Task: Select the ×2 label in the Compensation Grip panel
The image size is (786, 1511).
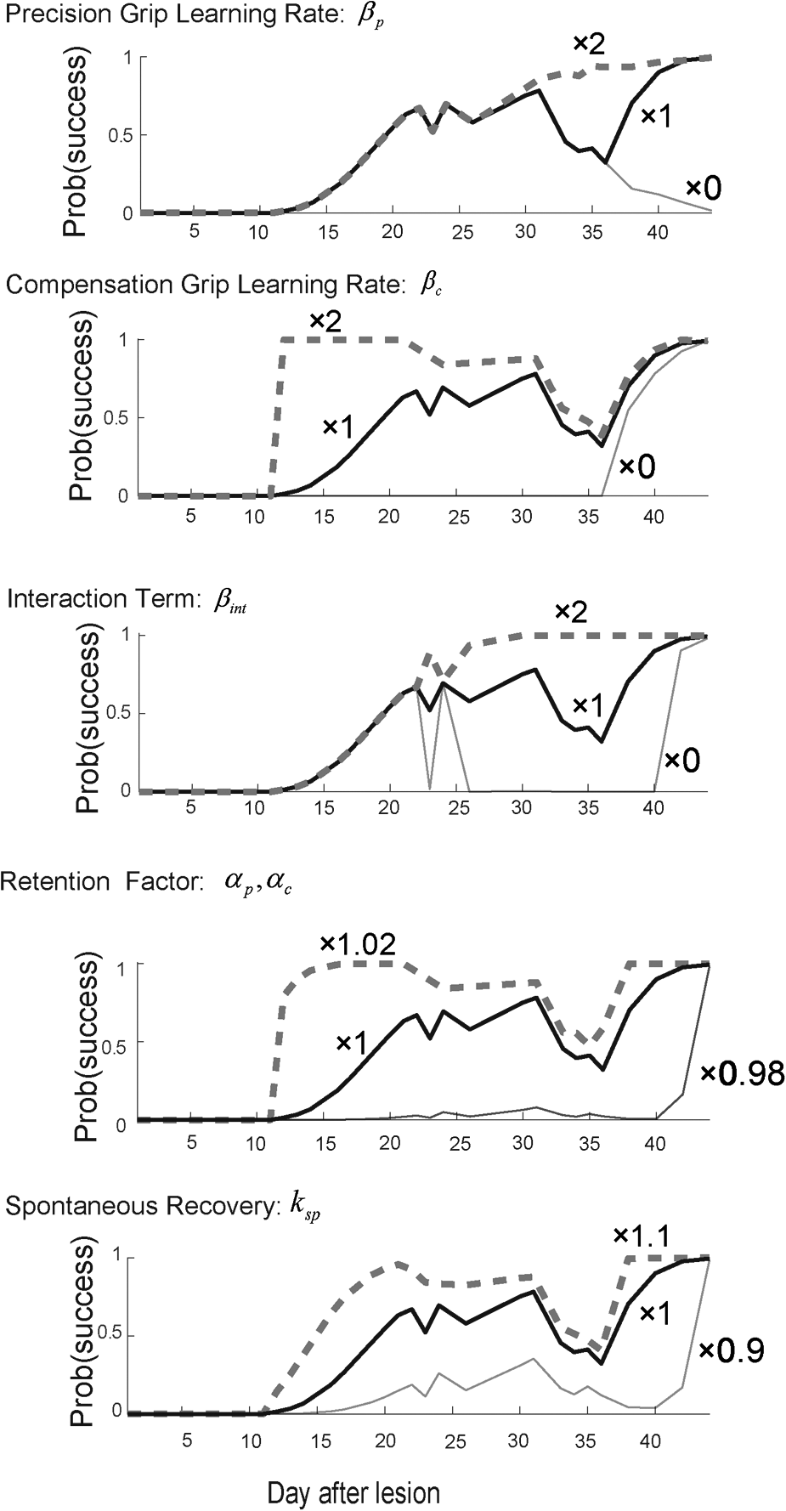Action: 326,322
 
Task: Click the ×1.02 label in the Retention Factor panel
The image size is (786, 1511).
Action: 357,944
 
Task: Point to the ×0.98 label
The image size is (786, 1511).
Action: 741,1074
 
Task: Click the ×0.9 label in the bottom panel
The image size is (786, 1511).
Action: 731,1350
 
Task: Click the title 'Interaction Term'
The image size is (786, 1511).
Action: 105,599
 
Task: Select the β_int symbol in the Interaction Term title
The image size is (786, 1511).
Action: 230,603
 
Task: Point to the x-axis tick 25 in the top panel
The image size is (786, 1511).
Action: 458,231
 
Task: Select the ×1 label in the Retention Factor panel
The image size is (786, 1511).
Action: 350,1043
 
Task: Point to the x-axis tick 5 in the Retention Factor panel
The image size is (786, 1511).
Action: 192,1143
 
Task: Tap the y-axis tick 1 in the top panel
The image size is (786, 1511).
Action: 128,57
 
